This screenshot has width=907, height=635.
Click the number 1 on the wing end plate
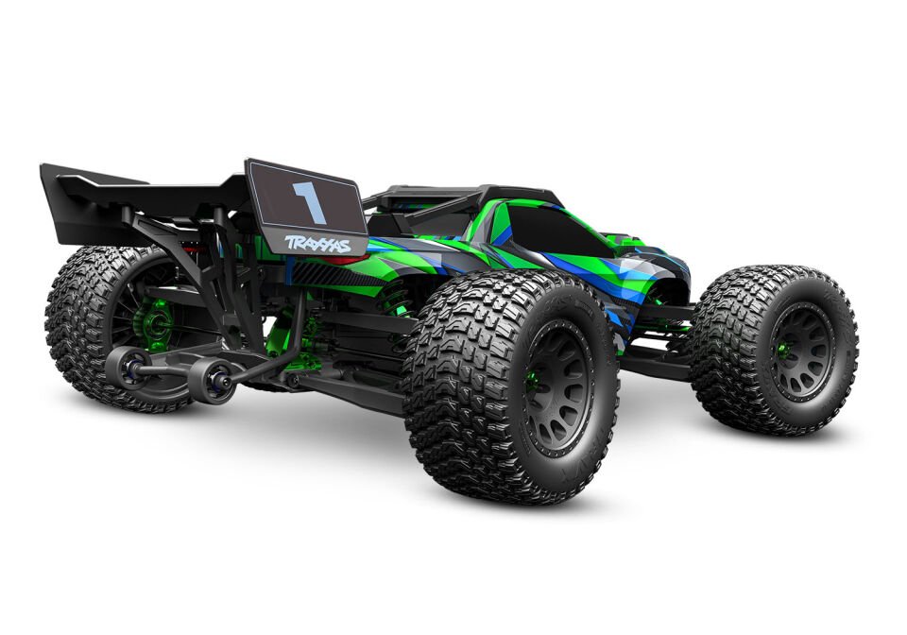click(x=307, y=201)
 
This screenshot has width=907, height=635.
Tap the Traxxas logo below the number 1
click(x=317, y=244)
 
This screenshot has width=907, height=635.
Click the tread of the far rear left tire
click(x=76, y=321)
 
